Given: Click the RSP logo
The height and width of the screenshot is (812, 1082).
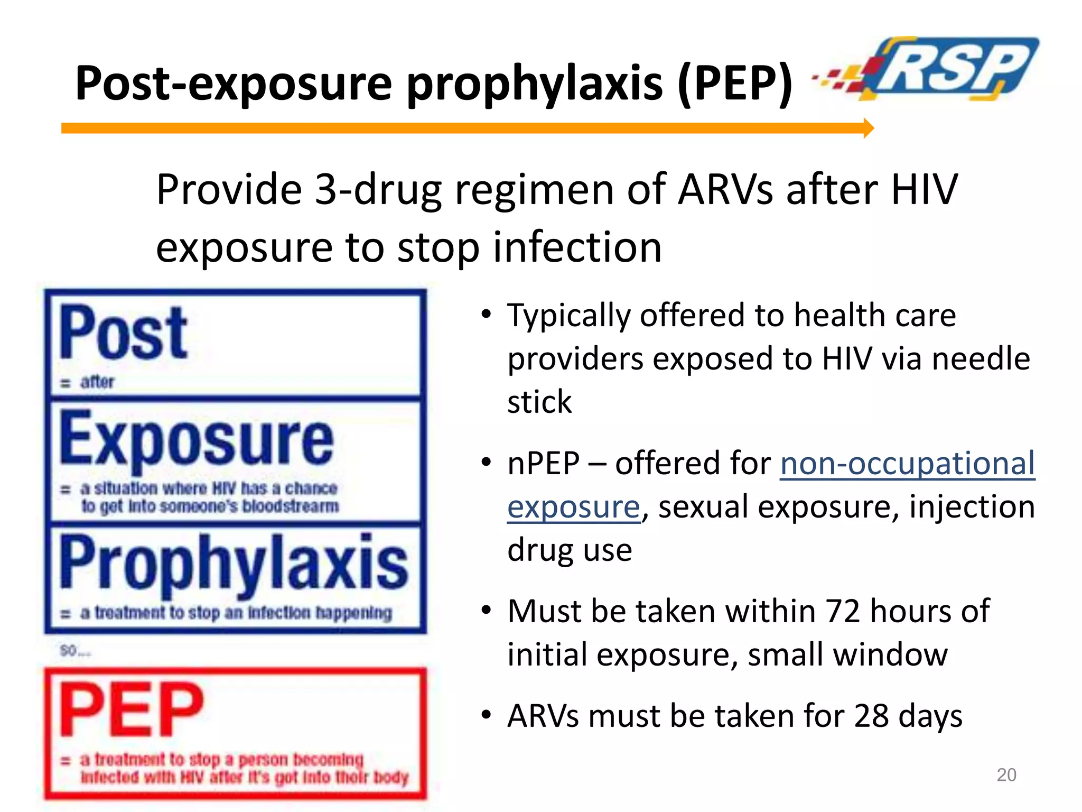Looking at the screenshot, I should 946,69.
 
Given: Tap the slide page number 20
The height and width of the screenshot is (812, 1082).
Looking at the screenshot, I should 1006,775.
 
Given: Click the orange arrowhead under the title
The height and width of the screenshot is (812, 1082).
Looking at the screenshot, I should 869,128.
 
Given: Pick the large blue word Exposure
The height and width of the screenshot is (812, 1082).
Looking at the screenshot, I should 197,439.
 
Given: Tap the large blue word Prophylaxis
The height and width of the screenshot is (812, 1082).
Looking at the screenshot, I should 234,564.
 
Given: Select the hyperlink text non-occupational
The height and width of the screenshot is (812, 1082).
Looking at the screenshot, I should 907,464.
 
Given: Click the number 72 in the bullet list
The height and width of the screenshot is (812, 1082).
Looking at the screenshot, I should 844,611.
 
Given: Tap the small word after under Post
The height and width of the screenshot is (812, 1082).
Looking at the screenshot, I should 97,382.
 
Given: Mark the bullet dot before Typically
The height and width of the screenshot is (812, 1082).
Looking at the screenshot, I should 487,315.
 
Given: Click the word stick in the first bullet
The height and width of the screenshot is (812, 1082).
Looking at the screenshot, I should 539,402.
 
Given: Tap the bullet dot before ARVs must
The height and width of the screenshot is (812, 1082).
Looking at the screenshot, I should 487,716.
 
